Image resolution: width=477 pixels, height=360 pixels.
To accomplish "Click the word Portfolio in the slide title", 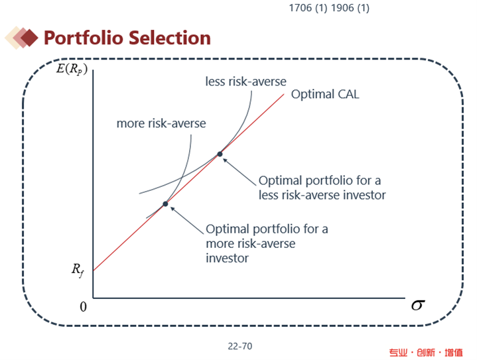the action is coord(84,38).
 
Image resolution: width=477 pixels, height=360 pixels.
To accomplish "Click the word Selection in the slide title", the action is coord(169,38).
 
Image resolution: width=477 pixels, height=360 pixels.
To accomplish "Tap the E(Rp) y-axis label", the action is coord(72,69).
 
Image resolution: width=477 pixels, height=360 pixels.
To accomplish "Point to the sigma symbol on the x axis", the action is coord(418,305).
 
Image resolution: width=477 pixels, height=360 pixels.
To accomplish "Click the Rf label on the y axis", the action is coord(78,270).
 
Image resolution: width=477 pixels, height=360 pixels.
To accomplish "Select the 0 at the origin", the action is coord(83,306).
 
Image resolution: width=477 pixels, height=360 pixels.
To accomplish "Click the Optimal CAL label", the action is coord(325,94).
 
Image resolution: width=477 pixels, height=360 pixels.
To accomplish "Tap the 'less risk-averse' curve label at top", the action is coord(246,82).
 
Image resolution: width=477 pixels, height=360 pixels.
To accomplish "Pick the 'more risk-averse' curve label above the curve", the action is coord(161,123).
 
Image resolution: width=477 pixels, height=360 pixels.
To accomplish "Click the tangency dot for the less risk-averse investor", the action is coord(220,154).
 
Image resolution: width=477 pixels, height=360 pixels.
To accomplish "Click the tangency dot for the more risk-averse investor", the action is coord(165,204).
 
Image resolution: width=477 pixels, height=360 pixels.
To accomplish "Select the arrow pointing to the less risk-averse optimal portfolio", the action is coord(239,172).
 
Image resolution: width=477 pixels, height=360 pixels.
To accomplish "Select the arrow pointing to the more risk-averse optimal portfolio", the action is coord(187,220).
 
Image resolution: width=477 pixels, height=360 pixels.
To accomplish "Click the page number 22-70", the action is coord(240,346).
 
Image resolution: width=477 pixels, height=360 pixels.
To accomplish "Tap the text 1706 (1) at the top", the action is coord(308,8).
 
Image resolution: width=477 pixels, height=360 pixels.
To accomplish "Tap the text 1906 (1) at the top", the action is coord(350,8).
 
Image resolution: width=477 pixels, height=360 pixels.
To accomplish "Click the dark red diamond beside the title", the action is coord(29,38).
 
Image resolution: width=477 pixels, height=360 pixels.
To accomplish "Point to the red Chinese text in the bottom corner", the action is coord(426,353).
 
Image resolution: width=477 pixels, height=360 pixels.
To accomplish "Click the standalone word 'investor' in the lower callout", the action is coord(227,258).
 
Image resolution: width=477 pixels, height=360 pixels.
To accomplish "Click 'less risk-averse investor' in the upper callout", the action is coord(322,195).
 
